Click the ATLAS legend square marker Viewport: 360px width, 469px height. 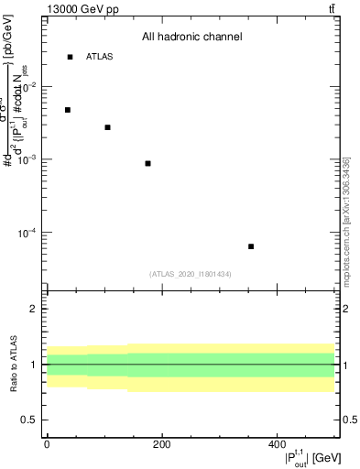pyautogui.click(x=70, y=57)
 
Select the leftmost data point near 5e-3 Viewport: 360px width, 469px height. pyautogui.click(x=68, y=110)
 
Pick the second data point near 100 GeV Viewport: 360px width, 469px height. pyautogui.click(x=107, y=127)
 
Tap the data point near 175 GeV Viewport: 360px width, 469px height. pyautogui.click(x=147, y=163)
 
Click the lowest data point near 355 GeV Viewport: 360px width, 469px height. pyautogui.click(x=251, y=246)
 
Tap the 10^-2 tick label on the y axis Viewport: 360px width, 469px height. pyautogui.click(x=30, y=87)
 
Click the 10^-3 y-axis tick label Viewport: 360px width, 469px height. pyautogui.click(x=30, y=159)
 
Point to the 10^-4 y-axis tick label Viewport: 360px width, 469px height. pyautogui.click(x=30, y=233)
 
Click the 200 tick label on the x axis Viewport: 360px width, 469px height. pyautogui.click(x=161, y=444)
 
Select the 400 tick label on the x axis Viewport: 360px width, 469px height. pyautogui.click(x=277, y=444)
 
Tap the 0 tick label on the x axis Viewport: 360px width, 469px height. pyautogui.click(x=47, y=444)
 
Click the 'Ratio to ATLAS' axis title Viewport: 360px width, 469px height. pyautogui.click(x=13, y=365)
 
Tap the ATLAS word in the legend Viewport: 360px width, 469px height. pyautogui.click(x=100, y=57)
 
